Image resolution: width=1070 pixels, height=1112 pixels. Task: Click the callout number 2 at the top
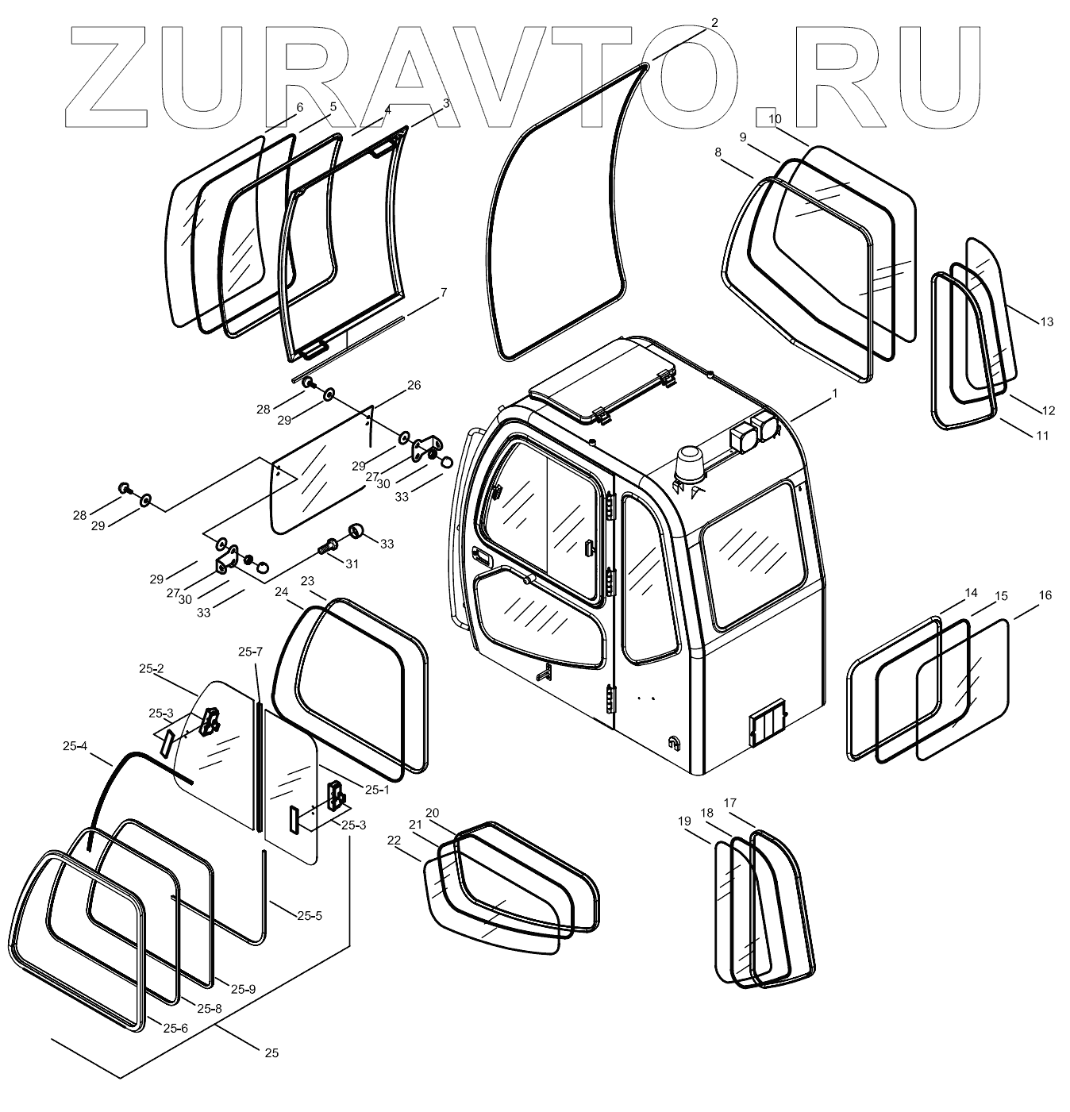pos(714,23)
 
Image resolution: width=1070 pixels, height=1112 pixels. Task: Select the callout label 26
pos(414,386)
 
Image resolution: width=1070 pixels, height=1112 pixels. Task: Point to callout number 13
pos(1047,321)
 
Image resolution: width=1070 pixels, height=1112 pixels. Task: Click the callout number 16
pos(1045,595)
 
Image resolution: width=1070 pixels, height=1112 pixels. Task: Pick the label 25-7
pos(251,652)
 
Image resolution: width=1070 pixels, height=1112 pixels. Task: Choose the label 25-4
pos(76,745)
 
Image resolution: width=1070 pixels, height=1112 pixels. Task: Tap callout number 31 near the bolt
pos(351,564)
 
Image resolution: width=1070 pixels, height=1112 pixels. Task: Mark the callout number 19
pos(685,821)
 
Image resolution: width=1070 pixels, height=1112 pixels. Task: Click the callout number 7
pos(444,292)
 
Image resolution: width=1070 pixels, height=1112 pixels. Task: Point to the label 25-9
pos(243,989)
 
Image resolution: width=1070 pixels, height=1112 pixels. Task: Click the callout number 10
pos(775,119)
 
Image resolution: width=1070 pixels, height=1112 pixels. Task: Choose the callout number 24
pos(282,591)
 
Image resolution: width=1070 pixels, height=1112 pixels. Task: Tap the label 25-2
pos(151,669)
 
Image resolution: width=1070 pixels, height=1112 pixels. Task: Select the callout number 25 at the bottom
pos(271,1053)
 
